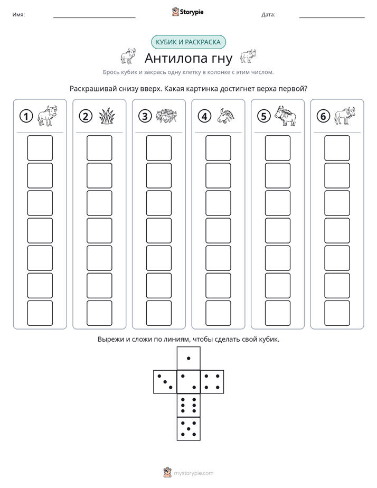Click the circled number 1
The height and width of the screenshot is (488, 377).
click(26, 116)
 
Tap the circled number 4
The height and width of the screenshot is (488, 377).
click(204, 116)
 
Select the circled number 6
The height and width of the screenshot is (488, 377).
click(323, 116)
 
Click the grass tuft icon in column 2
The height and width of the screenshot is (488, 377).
click(107, 116)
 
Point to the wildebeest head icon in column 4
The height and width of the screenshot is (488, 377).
click(226, 116)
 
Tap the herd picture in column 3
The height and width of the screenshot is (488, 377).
click(166, 116)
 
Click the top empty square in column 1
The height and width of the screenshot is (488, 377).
click(40, 148)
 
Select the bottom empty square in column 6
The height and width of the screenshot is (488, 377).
click(337, 313)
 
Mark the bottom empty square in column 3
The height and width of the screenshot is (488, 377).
click(159, 313)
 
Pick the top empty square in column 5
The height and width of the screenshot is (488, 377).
click(278, 148)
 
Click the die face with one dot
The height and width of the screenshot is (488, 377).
click(188, 358)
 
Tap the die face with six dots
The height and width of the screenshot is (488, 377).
click(188, 405)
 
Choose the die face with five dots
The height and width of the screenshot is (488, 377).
click(188, 428)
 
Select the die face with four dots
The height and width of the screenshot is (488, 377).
click(212, 382)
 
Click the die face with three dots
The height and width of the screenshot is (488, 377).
click(165, 382)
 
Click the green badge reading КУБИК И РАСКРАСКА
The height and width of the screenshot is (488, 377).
click(188, 42)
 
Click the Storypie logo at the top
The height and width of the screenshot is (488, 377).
click(187, 12)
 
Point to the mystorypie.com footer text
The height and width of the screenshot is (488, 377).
click(193, 473)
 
